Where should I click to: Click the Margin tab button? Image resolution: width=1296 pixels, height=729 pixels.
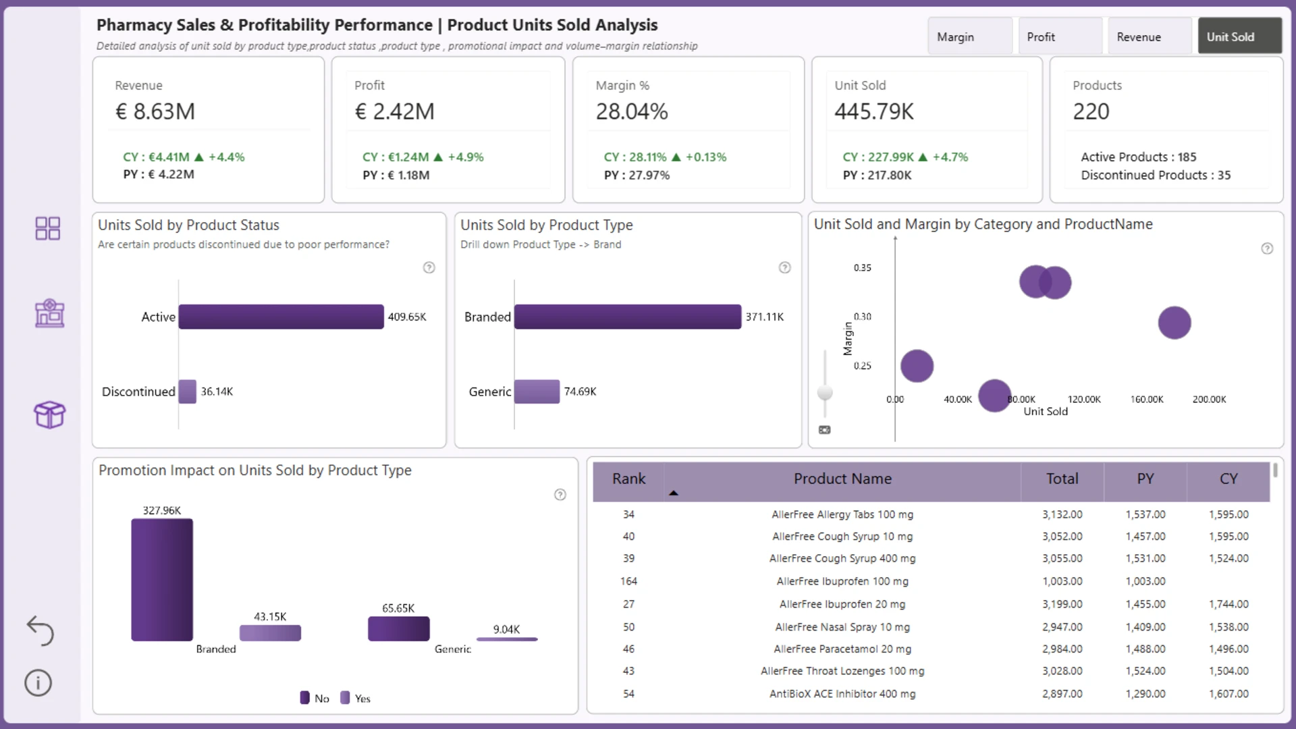970,36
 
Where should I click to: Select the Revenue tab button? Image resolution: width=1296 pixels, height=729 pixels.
1150,36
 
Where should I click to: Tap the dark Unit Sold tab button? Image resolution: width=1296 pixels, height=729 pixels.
1239,36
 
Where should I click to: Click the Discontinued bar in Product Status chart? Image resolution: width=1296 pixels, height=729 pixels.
188,391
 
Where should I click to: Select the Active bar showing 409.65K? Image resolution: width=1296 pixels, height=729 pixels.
281,317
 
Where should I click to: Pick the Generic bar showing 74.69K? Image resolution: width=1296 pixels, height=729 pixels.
537,391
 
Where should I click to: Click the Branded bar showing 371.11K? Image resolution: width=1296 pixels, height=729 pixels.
628,317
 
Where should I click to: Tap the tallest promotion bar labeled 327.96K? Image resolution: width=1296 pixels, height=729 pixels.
162,580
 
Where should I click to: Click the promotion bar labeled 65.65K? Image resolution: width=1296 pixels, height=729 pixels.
399,628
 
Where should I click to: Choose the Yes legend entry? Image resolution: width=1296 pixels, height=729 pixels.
356,698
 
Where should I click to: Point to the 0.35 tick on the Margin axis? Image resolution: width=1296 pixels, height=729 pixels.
862,268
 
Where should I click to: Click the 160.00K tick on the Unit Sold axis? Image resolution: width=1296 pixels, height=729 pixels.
1147,400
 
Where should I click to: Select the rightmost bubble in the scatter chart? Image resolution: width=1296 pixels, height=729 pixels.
1174,323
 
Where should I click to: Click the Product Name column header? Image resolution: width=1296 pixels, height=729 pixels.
842,479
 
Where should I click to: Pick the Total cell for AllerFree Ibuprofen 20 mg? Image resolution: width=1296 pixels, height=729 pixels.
1062,604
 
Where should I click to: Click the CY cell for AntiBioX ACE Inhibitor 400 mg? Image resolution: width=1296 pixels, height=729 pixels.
1228,694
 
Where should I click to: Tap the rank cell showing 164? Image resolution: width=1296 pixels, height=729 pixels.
628,581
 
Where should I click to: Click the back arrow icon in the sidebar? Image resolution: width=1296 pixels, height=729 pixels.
40,630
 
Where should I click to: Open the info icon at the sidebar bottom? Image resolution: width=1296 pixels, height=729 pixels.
38,682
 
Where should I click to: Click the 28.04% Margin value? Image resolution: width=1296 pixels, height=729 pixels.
632,111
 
